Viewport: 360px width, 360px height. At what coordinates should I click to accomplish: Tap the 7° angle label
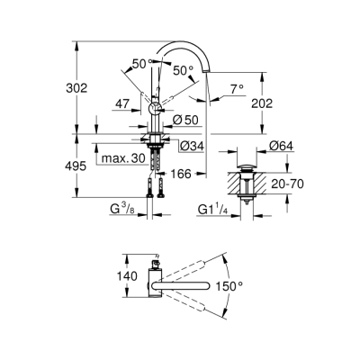(237, 89)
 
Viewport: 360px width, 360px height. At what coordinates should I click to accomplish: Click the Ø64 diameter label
(280, 145)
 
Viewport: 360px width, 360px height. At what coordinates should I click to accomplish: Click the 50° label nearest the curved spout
(182, 69)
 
